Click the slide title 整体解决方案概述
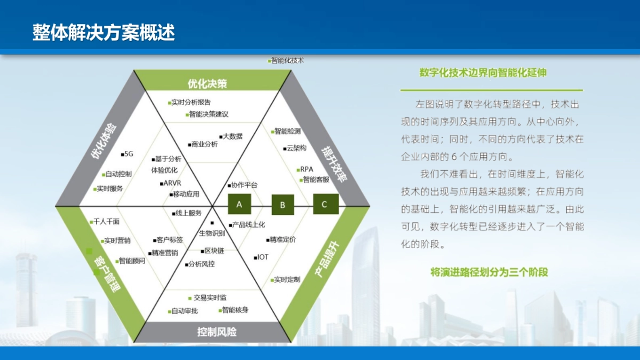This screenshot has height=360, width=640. coord(103,33)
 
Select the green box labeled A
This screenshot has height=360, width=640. coord(239,204)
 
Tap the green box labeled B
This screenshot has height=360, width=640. coord(283,205)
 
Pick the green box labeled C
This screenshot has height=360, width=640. coord(324,204)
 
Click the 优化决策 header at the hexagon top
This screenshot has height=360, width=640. coord(207,84)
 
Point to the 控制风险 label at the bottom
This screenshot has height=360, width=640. coord(217,332)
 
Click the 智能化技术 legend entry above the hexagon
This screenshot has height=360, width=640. coord(287,61)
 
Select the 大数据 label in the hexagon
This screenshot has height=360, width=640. coord(232,137)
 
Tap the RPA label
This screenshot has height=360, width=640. coord(306,170)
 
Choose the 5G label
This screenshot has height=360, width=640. coord(128,154)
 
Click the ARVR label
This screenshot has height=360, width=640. coord(172,183)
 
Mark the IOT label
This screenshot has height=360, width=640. coord(262,257)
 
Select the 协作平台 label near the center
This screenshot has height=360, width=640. coord(244,185)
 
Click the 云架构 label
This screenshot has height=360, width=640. coord(296,148)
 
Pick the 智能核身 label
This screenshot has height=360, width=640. coord(235,310)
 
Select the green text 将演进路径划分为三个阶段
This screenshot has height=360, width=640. coord(489,272)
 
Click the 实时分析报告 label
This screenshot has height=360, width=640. coord(190,102)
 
